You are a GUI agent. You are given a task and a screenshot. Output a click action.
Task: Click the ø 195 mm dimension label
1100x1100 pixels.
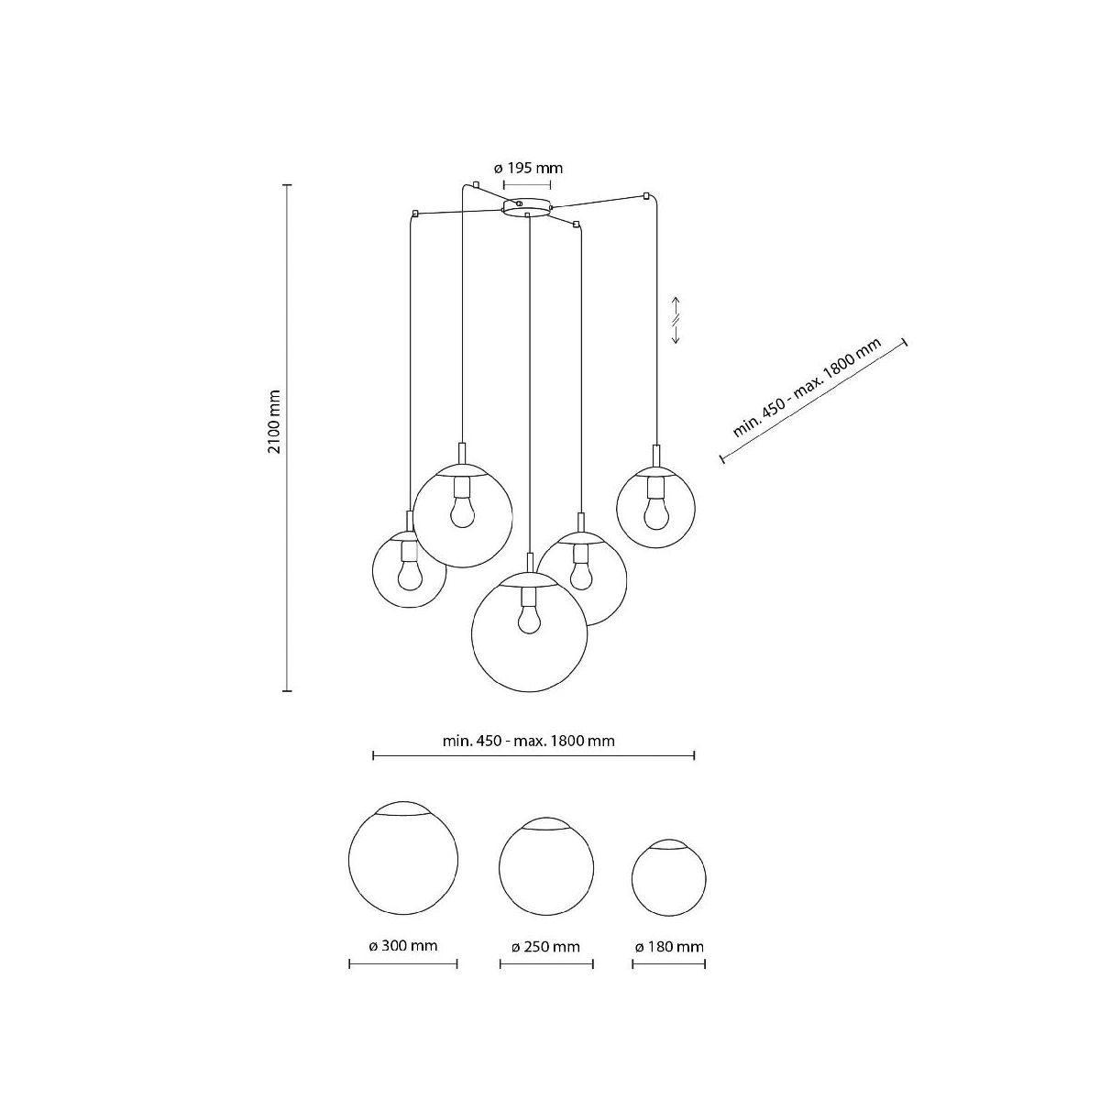[527, 169]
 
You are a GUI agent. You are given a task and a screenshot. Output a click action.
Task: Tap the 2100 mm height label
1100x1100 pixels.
[275, 422]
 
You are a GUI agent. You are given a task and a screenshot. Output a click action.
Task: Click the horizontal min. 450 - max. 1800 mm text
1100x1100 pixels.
[529, 741]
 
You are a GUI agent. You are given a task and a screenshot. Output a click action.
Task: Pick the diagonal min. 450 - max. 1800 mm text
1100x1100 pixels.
[808, 387]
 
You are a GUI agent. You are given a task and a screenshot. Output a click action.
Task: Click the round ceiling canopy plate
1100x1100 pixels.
[526, 207]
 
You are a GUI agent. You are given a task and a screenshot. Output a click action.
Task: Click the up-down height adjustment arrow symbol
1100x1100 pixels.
[676, 320]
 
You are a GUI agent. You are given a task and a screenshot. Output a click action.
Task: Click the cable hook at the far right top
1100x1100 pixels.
[646, 196]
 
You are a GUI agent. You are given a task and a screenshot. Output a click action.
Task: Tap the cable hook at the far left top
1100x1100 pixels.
[415, 214]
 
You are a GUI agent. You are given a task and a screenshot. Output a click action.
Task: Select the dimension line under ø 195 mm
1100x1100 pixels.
[526, 184]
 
